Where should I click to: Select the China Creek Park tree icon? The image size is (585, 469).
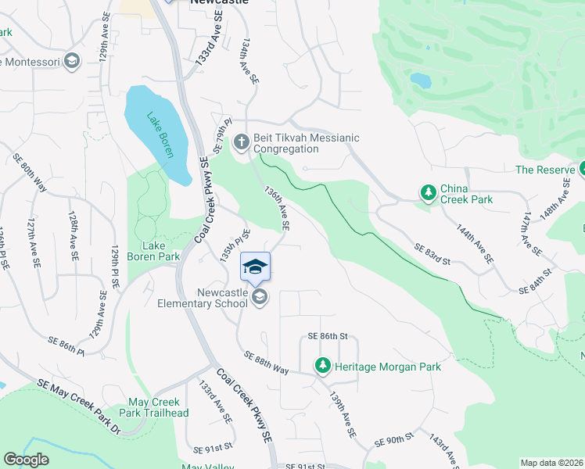(428, 192)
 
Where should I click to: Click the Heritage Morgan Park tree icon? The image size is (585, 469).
(322, 365)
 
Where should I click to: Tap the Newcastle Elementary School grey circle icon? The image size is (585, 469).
(260, 297)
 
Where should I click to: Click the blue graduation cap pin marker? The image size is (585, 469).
(255, 267)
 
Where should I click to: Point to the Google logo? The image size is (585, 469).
(26, 460)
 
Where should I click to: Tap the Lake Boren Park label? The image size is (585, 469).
(155, 250)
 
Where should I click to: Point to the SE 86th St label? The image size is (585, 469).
(327, 335)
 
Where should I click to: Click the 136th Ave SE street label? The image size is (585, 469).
(278, 208)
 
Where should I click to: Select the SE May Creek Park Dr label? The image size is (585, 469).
(79, 406)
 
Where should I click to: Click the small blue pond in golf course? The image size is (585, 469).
(420, 81)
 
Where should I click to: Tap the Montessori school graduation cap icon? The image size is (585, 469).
(72, 62)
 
